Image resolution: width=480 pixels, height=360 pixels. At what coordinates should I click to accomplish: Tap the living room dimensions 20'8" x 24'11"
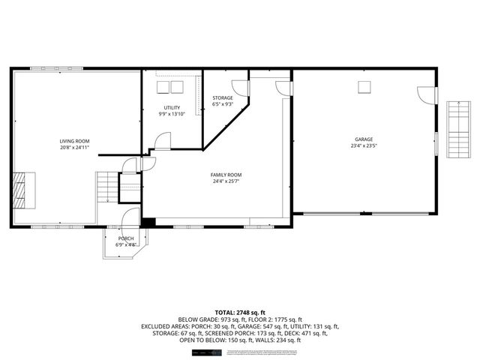point(75,147)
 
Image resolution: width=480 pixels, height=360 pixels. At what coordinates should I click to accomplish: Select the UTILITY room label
point(172,107)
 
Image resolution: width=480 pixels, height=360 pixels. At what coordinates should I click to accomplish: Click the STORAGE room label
point(222,98)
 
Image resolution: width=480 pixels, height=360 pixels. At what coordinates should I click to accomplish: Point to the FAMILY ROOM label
point(226,175)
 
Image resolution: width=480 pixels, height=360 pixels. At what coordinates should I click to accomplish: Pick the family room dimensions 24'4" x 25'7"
point(226,181)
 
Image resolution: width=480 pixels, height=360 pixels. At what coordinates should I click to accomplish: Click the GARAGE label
point(364,139)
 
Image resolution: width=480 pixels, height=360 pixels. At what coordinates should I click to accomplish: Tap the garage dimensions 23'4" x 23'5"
point(364,146)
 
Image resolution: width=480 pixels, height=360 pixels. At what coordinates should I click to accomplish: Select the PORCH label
point(125,238)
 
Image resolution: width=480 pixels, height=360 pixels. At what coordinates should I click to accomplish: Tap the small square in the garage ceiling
point(364,86)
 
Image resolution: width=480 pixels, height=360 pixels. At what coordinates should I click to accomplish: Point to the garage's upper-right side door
point(425,95)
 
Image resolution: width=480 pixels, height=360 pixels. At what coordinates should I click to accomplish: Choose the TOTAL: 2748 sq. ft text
point(240,311)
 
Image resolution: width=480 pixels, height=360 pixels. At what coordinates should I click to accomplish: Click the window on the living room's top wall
point(46,69)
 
